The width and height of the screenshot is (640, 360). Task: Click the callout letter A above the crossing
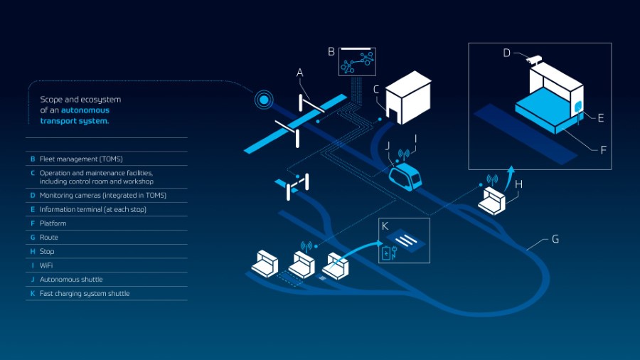(300, 73)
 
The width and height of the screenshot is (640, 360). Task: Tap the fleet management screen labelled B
(357, 62)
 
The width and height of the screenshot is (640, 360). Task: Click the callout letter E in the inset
(600, 118)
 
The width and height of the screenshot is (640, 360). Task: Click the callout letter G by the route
(555, 239)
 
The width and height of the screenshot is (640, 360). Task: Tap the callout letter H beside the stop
(518, 184)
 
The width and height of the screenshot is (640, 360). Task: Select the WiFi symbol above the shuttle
(403, 153)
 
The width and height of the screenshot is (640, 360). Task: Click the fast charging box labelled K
(404, 242)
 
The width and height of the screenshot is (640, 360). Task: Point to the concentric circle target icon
(264, 100)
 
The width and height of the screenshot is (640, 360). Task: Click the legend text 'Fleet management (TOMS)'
(81, 159)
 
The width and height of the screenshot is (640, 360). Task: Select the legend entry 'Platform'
(53, 223)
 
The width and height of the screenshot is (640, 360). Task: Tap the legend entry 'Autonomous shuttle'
(71, 280)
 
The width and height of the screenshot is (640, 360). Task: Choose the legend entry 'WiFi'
(47, 265)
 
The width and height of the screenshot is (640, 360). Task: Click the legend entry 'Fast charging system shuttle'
(85, 293)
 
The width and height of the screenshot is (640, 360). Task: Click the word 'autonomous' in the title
(85, 110)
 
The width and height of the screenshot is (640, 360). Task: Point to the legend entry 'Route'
(49, 237)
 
